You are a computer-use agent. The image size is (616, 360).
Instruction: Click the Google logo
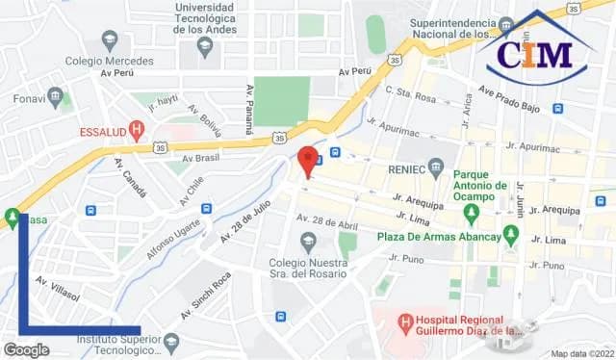coord(26,350)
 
